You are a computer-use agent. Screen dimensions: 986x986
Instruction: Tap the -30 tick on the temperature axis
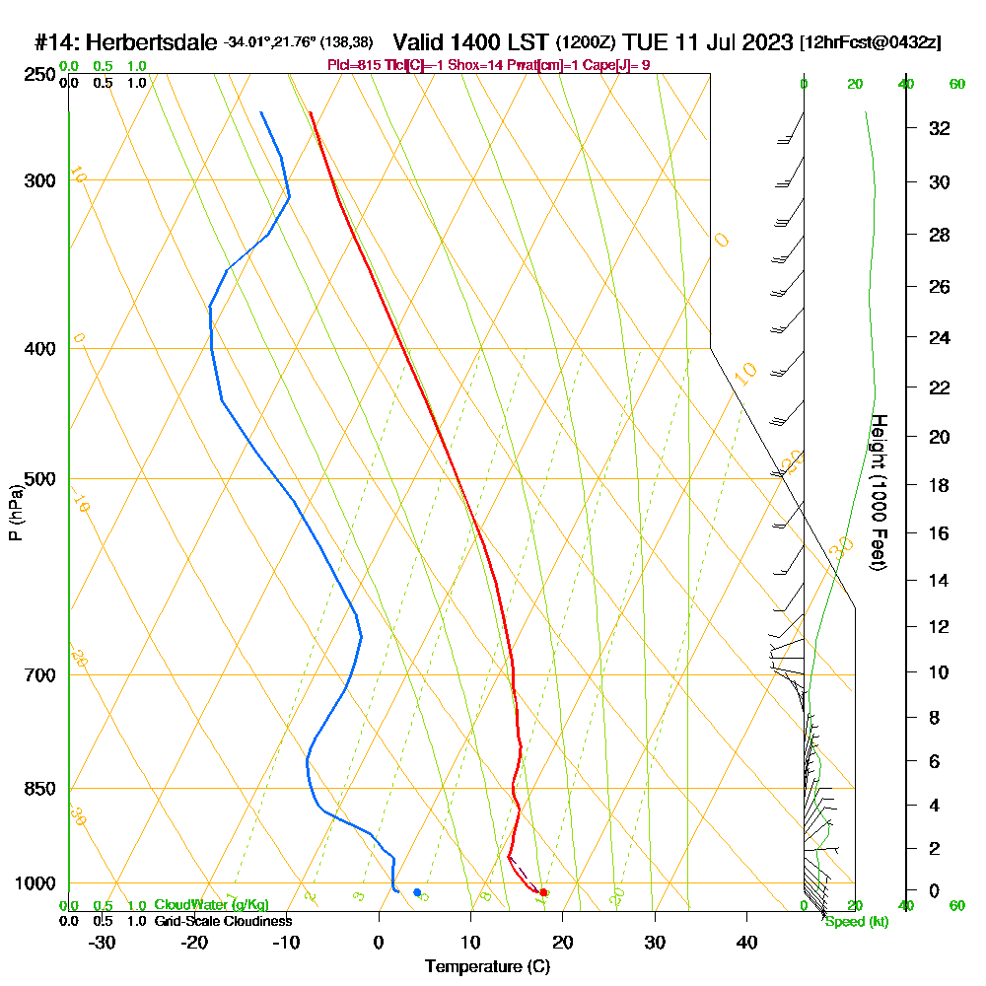click(x=102, y=942)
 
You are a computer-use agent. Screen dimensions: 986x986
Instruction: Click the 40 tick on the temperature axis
click(x=747, y=942)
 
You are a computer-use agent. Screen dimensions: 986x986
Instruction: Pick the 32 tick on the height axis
click(x=939, y=128)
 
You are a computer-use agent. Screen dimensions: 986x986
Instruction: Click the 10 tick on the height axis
click(x=939, y=672)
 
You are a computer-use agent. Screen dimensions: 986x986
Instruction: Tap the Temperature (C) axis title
click(x=487, y=966)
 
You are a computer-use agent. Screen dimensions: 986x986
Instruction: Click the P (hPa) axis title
click(x=16, y=513)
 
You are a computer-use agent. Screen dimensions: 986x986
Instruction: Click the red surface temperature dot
click(x=543, y=892)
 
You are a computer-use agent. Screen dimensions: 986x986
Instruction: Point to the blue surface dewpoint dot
click(x=417, y=892)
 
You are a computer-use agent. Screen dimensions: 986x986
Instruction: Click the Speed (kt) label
click(x=856, y=922)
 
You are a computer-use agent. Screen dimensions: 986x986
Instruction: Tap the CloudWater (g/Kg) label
click(x=211, y=905)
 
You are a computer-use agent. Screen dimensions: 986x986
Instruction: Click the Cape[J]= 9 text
click(x=618, y=65)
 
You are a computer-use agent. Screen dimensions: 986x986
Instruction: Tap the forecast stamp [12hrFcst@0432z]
click(x=871, y=43)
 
